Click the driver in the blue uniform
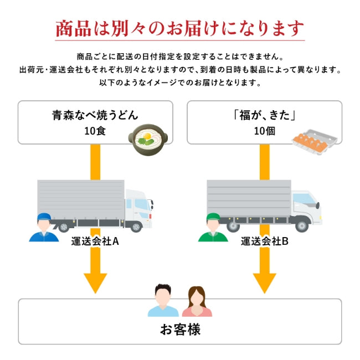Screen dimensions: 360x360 click(43, 228)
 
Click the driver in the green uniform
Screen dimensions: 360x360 click(213, 228)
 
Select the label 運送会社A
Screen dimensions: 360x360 click(95, 241)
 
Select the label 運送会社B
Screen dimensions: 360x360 click(265, 241)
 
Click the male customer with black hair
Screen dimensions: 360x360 click(163, 301)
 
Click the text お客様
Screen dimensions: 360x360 click(180, 330)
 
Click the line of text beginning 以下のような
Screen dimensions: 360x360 click(180, 83)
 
